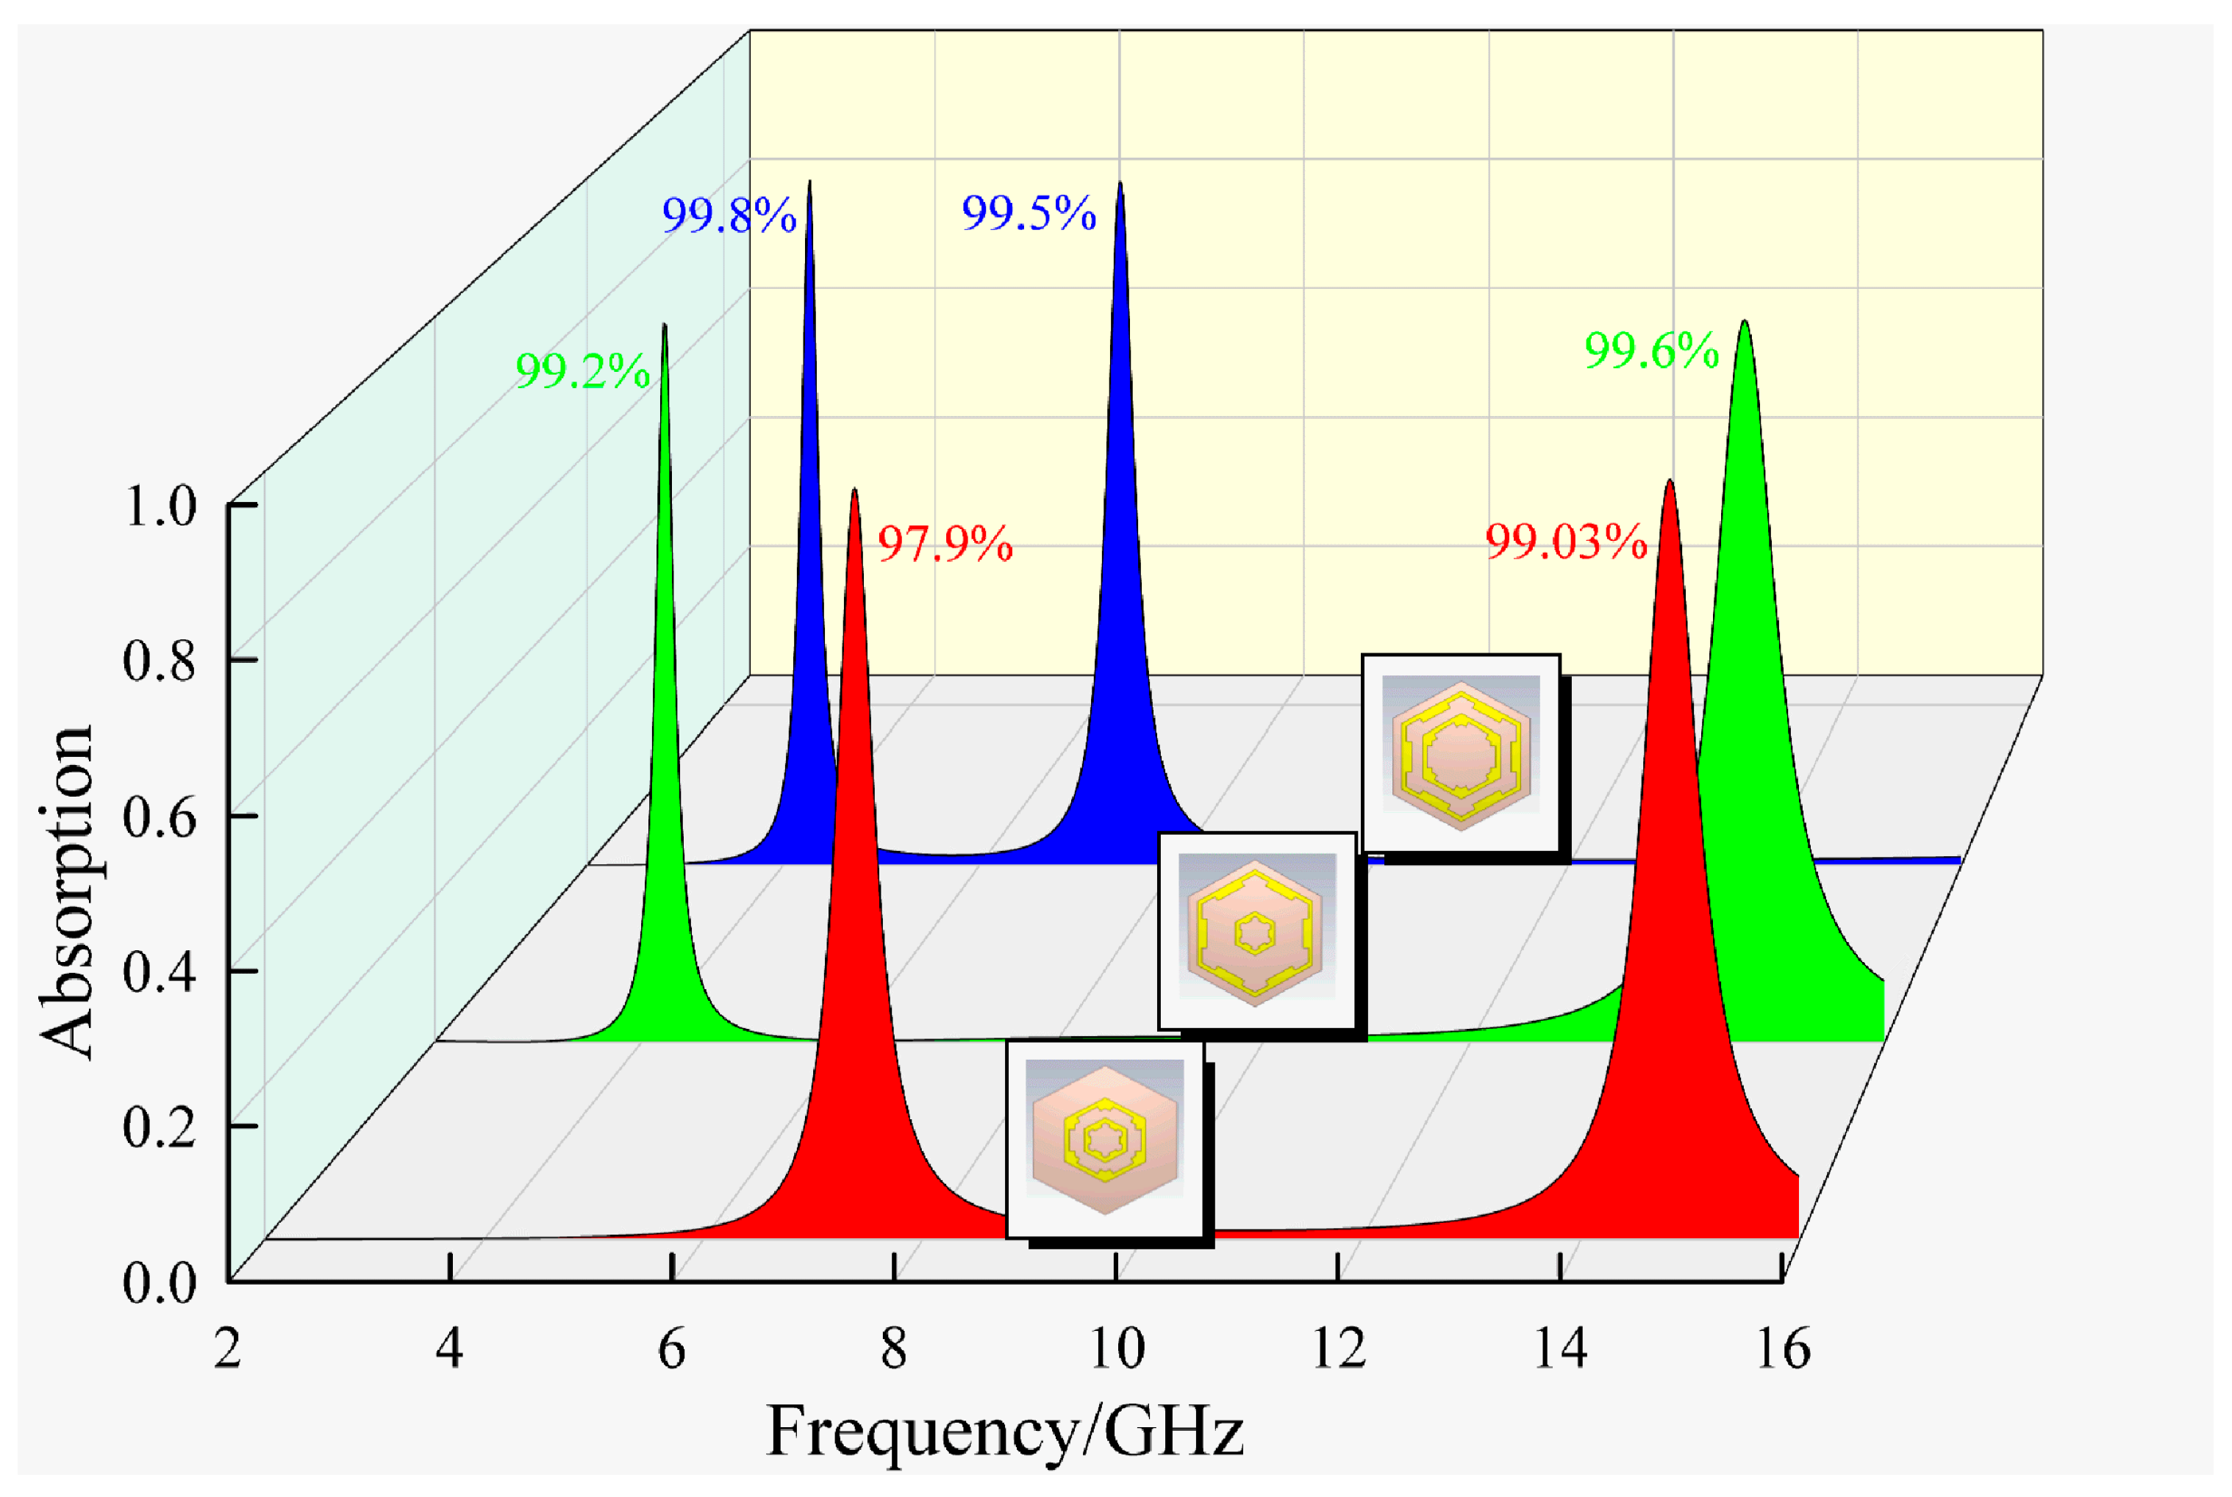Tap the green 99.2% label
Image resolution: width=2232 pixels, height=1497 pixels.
(x=582, y=370)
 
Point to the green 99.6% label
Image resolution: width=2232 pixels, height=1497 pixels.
(x=1650, y=351)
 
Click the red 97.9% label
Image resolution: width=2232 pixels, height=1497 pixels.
(x=945, y=543)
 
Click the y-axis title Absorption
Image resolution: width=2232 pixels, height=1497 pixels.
(x=67, y=893)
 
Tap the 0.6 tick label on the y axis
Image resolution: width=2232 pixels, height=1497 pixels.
(x=160, y=818)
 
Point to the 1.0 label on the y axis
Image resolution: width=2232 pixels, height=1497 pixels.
(x=160, y=506)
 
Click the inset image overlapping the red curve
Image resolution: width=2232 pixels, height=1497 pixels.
(x=1105, y=1138)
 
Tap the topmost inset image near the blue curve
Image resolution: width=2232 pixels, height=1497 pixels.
(x=1460, y=753)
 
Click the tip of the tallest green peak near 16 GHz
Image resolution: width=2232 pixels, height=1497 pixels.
(x=1744, y=323)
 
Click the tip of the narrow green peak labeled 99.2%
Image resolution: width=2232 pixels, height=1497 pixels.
(x=664, y=326)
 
